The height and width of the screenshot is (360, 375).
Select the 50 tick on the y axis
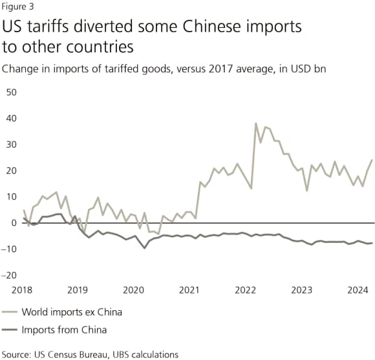click(x=10, y=92)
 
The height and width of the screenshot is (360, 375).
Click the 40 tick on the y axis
click(x=10, y=118)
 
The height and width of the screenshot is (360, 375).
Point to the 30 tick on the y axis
click(x=10, y=144)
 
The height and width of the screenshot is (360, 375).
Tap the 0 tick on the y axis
click(x=13, y=223)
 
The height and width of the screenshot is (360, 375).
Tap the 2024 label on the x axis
click(x=355, y=290)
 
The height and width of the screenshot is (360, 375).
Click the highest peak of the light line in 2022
click(x=256, y=123)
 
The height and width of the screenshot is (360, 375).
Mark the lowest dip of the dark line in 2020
click(x=144, y=248)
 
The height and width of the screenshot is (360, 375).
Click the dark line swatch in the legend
click(x=10, y=331)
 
